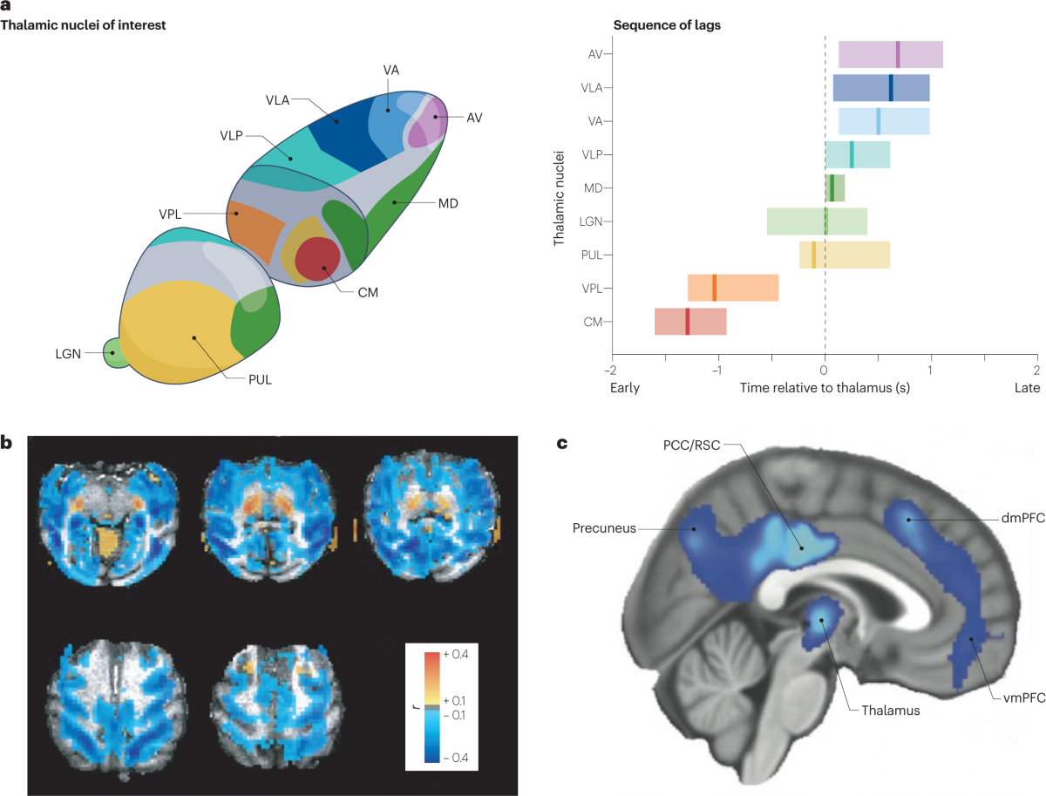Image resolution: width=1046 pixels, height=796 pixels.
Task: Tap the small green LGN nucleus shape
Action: [x=113, y=353]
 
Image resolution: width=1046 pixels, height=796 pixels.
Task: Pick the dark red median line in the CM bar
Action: [x=687, y=322]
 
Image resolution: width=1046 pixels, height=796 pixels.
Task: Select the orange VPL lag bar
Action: [x=732, y=288]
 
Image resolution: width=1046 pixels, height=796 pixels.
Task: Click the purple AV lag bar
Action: [x=890, y=54]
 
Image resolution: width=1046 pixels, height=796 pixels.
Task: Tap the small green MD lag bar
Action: [x=835, y=187]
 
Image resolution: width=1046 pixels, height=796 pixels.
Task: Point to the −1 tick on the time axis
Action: [x=717, y=369]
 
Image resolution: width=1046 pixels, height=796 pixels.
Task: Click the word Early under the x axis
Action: [x=624, y=387]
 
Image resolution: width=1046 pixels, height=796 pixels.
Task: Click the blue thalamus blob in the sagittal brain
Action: [x=819, y=618]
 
